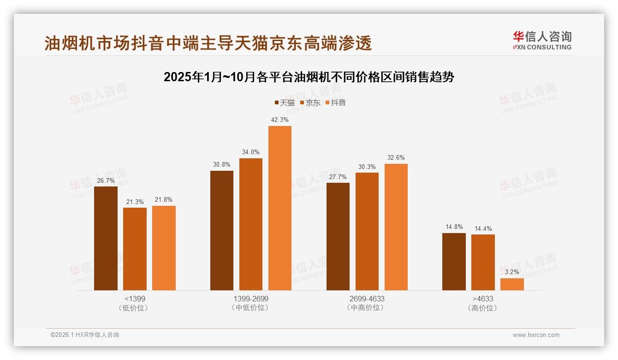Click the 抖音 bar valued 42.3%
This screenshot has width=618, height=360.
(x=280, y=208)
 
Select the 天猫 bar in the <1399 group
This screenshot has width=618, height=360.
(x=106, y=238)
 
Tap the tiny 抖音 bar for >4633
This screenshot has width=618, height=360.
(x=512, y=284)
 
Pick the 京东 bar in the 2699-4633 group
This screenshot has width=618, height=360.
(x=367, y=231)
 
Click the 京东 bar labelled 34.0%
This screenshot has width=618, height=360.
(x=250, y=224)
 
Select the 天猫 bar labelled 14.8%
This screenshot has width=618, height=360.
(x=454, y=262)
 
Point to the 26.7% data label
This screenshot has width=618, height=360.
(x=106, y=180)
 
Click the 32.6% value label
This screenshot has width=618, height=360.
(x=396, y=158)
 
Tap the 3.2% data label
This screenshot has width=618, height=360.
(x=512, y=272)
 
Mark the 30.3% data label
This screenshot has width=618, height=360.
(x=367, y=167)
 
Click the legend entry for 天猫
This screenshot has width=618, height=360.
(x=285, y=103)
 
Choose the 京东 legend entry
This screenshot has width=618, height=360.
(x=310, y=103)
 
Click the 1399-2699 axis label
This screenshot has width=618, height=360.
(x=251, y=299)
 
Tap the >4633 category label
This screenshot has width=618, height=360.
(x=483, y=299)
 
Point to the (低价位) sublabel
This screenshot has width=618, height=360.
(x=135, y=308)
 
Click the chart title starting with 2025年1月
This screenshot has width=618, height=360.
(x=309, y=77)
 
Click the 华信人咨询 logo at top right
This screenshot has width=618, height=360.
(x=542, y=40)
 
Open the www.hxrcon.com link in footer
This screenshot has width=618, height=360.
(x=536, y=335)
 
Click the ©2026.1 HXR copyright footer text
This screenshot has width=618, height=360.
(x=85, y=335)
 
